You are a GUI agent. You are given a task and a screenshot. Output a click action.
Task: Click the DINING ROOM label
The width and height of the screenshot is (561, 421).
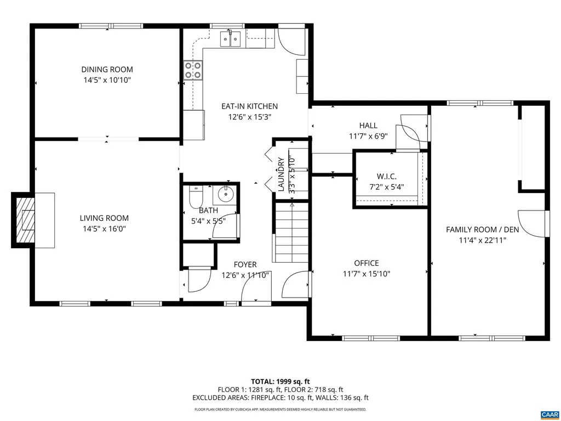coord(107,70)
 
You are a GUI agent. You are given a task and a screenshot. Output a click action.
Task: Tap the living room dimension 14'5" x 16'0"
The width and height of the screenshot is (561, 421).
coord(107,229)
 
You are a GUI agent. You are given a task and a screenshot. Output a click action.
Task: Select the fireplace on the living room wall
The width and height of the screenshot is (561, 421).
coord(25,220)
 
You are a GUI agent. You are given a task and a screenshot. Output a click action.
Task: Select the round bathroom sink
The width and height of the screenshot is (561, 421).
coord(225,195)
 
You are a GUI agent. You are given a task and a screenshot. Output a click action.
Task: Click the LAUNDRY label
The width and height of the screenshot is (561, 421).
coord(281,175)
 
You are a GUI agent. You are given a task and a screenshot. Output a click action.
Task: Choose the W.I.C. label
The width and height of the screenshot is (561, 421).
coord(386,177)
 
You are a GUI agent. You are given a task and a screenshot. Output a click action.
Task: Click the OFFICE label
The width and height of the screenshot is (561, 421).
coord(367,263)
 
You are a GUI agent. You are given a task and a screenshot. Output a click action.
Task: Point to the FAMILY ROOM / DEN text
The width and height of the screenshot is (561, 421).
coord(475,229)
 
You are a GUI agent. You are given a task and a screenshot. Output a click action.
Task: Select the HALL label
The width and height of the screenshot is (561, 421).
coord(368,126)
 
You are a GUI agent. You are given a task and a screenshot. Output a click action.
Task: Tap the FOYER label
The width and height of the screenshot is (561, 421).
coord(245,265)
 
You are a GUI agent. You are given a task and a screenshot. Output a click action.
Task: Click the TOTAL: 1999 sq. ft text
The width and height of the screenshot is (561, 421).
coord(280,381)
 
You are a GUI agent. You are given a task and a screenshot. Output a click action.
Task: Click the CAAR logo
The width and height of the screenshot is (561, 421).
coord(549,414)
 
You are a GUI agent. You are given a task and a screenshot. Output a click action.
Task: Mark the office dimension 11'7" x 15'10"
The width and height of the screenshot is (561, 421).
coord(367,274)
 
